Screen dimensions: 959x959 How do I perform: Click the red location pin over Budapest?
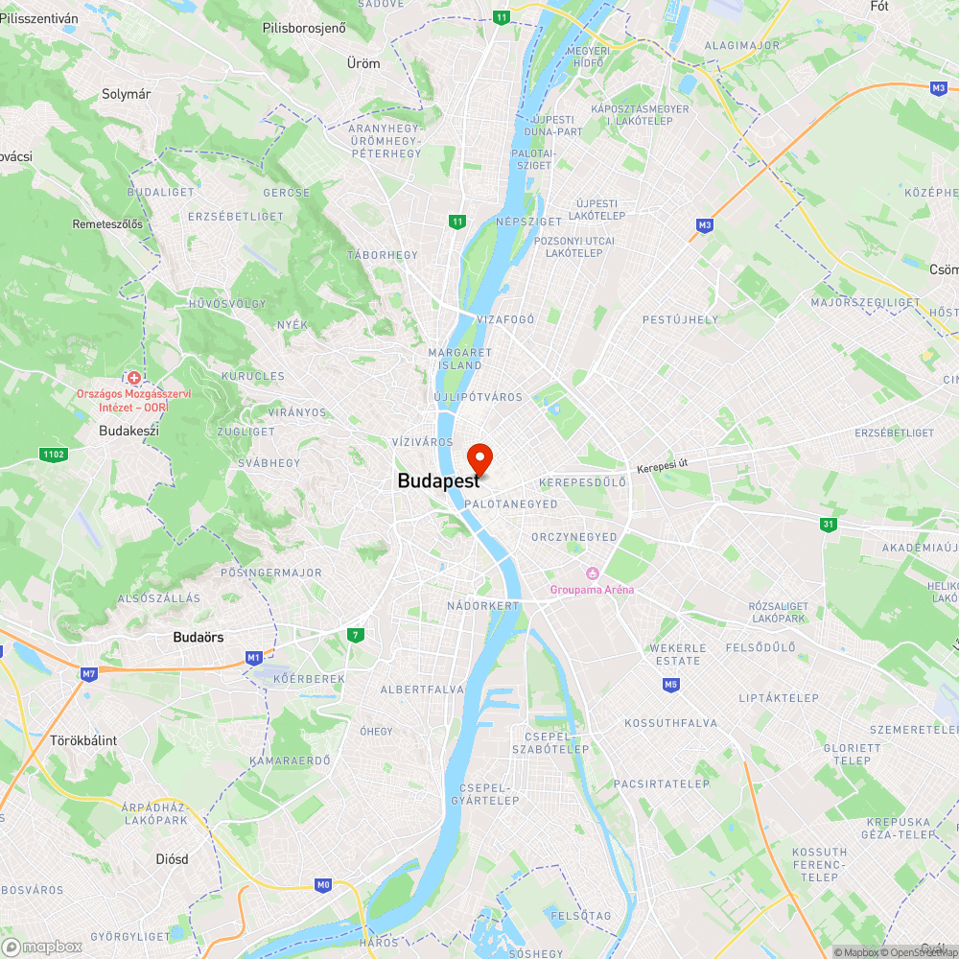pyautogui.click(x=479, y=457)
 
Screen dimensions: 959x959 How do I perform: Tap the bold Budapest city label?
pyautogui.click(x=438, y=481)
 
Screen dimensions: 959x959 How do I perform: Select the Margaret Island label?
pyautogui.click(x=459, y=359)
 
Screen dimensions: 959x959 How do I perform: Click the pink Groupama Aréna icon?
pyautogui.click(x=593, y=573)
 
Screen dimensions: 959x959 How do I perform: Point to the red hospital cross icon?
pyautogui.click(x=134, y=379)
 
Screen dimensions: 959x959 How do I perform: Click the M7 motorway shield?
pyautogui.click(x=89, y=674)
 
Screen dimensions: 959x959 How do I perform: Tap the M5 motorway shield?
pyautogui.click(x=670, y=684)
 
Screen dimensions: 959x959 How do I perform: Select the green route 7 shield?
pyautogui.click(x=356, y=635)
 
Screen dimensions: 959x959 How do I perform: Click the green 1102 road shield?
pyautogui.click(x=53, y=454)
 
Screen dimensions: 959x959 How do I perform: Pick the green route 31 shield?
pyautogui.click(x=828, y=524)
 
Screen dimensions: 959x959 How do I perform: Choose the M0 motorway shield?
pyautogui.click(x=322, y=884)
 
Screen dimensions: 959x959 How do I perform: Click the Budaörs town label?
pyautogui.click(x=199, y=637)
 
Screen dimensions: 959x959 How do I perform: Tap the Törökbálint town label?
pyautogui.click(x=83, y=740)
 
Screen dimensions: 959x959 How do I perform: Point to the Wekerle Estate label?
pyautogui.click(x=680, y=654)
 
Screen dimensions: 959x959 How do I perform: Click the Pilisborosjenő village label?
pyautogui.click(x=304, y=28)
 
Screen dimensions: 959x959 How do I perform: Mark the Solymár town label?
pyautogui.click(x=127, y=94)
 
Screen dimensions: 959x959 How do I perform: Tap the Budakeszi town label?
pyautogui.click(x=129, y=431)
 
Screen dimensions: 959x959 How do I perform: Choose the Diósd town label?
pyautogui.click(x=172, y=859)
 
